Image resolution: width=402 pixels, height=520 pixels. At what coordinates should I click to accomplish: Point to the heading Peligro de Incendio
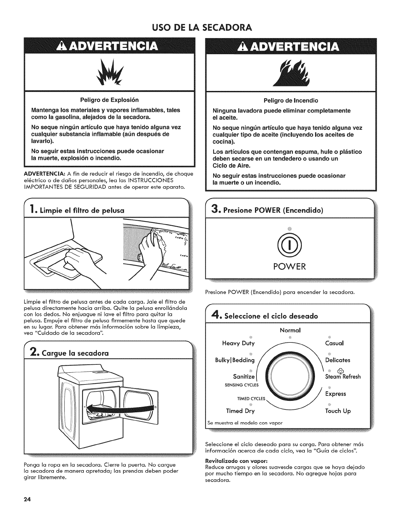coord(291,100)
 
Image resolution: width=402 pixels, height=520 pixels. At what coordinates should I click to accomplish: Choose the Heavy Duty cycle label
coord(238,343)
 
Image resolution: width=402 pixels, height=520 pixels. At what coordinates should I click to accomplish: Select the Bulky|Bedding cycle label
coord(234,360)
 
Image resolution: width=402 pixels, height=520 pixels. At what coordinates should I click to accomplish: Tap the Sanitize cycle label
coord(244,376)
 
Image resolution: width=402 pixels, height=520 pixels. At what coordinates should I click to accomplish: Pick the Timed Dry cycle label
coord(240,411)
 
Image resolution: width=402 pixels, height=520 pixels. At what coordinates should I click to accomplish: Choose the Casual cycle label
coord(334,343)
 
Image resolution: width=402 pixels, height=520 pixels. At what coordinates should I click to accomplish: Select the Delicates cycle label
coord(338,360)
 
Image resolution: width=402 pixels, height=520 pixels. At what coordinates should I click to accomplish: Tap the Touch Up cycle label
coord(338,411)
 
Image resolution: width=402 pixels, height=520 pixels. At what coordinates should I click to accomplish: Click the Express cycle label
coord(336,394)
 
